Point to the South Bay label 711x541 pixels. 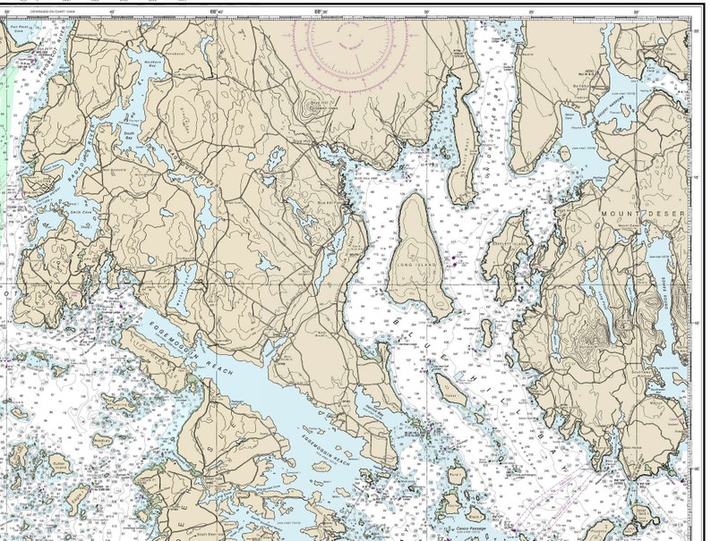coord(127,136)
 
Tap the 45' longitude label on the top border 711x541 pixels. coord(112,12)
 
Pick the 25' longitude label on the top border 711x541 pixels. coord(531,12)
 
